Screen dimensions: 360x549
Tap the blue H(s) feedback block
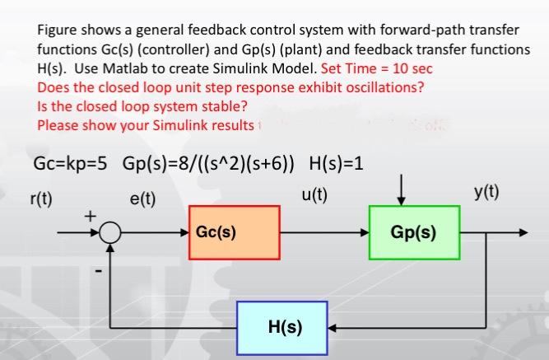[282, 326]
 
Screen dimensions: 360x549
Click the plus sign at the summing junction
[91, 217]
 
